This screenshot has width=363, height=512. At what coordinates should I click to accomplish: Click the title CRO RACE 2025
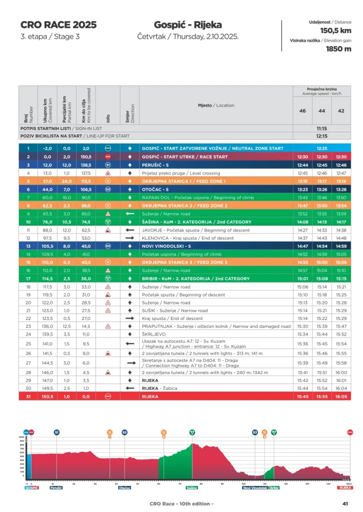(x=58, y=25)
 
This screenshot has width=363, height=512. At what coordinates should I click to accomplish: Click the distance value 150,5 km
(x=335, y=31)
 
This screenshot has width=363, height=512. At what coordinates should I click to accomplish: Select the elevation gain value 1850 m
(x=338, y=49)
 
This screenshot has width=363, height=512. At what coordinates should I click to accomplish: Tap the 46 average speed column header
(x=302, y=110)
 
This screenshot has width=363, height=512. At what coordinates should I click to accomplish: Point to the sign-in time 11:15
(x=321, y=128)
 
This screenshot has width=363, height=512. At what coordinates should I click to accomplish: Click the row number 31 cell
(x=28, y=396)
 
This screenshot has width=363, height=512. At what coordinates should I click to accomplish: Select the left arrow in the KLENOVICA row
(x=130, y=238)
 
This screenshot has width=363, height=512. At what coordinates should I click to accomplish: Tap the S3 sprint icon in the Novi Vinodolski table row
(x=107, y=246)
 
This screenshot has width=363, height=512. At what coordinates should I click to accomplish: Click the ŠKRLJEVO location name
(x=153, y=334)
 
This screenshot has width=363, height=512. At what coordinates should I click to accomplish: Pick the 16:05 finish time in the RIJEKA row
(x=341, y=396)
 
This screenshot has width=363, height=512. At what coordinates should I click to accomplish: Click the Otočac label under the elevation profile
(x=125, y=487)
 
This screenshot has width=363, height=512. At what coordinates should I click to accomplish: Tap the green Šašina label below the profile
(x=192, y=487)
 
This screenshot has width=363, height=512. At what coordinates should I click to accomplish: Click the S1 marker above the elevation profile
(x=56, y=432)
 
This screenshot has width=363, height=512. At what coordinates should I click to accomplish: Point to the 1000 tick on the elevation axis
(x=21, y=437)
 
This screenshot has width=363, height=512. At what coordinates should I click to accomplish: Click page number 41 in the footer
(x=345, y=503)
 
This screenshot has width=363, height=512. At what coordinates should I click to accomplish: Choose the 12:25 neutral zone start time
(x=321, y=148)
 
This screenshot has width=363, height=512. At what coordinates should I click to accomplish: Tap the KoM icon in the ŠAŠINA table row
(x=107, y=221)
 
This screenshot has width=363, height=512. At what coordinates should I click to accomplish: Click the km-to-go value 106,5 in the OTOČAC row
(x=86, y=189)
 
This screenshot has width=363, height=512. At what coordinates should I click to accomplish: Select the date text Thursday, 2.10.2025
(x=188, y=36)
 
